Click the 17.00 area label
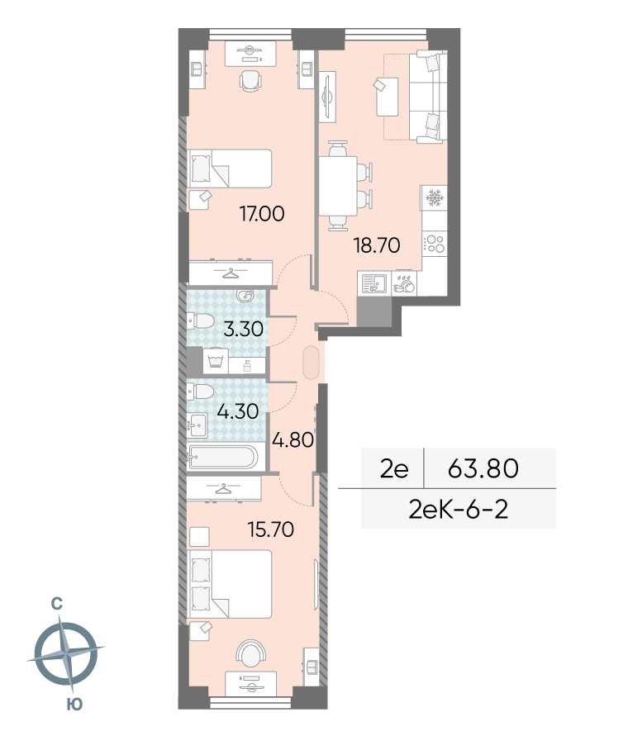click(x=262, y=214)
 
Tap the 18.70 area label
click(x=377, y=245)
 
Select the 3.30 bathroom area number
click(x=243, y=329)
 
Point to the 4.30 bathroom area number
click(x=238, y=411)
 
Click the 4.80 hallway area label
click(x=293, y=439)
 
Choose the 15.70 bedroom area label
click(x=271, y=529)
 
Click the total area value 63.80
click(x=483, y=468)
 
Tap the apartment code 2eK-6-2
click(x=459, y=510)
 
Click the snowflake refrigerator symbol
click(x=435, y=198)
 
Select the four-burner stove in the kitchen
click(x=435, y=244)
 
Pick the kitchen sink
click(x=374, y=283)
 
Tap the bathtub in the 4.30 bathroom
click(x=222, y=457)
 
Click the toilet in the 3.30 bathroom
click(x=201, y=321)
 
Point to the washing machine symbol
click(x=216, y=361)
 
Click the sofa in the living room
click(x=428, y=97)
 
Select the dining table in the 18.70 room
click(x=338, y=186)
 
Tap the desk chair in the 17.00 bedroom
click(x=250, y=81)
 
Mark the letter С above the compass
click(x=57, y=603)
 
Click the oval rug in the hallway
click(x=312, y=363)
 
